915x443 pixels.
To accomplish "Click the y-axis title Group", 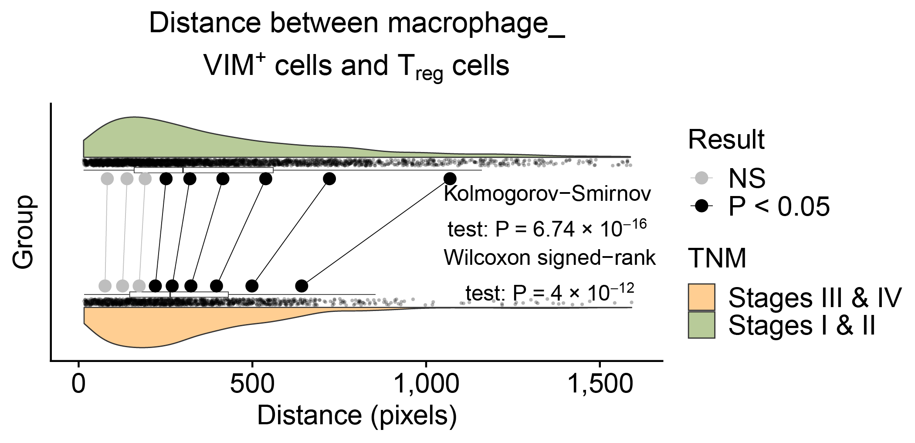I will pos(24,232).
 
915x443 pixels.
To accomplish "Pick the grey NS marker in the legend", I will pos(701,178).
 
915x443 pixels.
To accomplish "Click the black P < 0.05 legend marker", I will pos(701,206).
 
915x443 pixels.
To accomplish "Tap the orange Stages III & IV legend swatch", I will pos(701,297).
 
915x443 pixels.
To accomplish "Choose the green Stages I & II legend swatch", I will pos(701,325).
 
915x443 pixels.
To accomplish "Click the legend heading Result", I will pos(726,139).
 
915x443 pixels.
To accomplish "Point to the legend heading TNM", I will pos(717,258).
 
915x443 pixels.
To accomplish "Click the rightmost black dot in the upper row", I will pos(450,179).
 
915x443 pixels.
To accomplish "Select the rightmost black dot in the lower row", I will pos(302,286).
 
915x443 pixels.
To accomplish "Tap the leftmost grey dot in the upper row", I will pos(107,179).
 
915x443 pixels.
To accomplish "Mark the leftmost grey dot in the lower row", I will pos(105,286).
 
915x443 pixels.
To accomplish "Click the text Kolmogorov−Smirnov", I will pos(547,194).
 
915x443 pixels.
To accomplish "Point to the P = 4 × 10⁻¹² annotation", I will pos(573,293).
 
